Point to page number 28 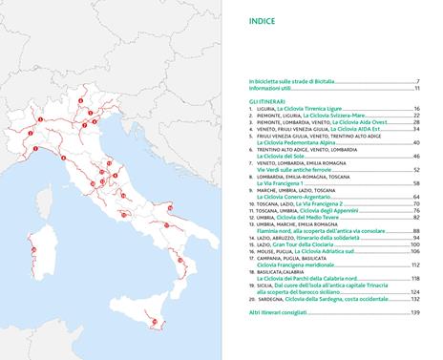(416, 123)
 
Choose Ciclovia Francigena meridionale (300, 265)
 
